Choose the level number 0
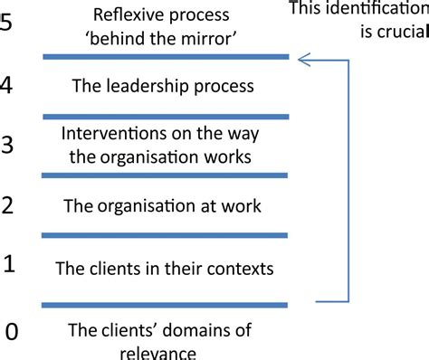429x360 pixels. click(x=11, y=332)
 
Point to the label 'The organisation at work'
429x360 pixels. click(x=162, y=206)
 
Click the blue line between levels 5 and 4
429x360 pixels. click(x=166, y=59)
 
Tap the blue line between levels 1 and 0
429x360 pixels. click(x=166, y=303)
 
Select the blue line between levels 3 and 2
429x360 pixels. click(x=166, y=175)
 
